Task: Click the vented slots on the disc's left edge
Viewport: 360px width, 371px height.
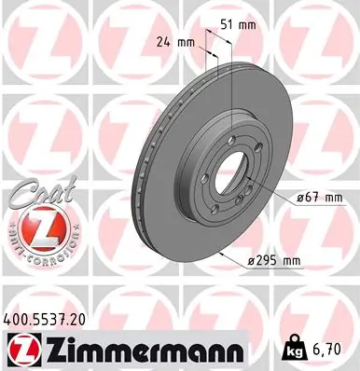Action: coord(146,168)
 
